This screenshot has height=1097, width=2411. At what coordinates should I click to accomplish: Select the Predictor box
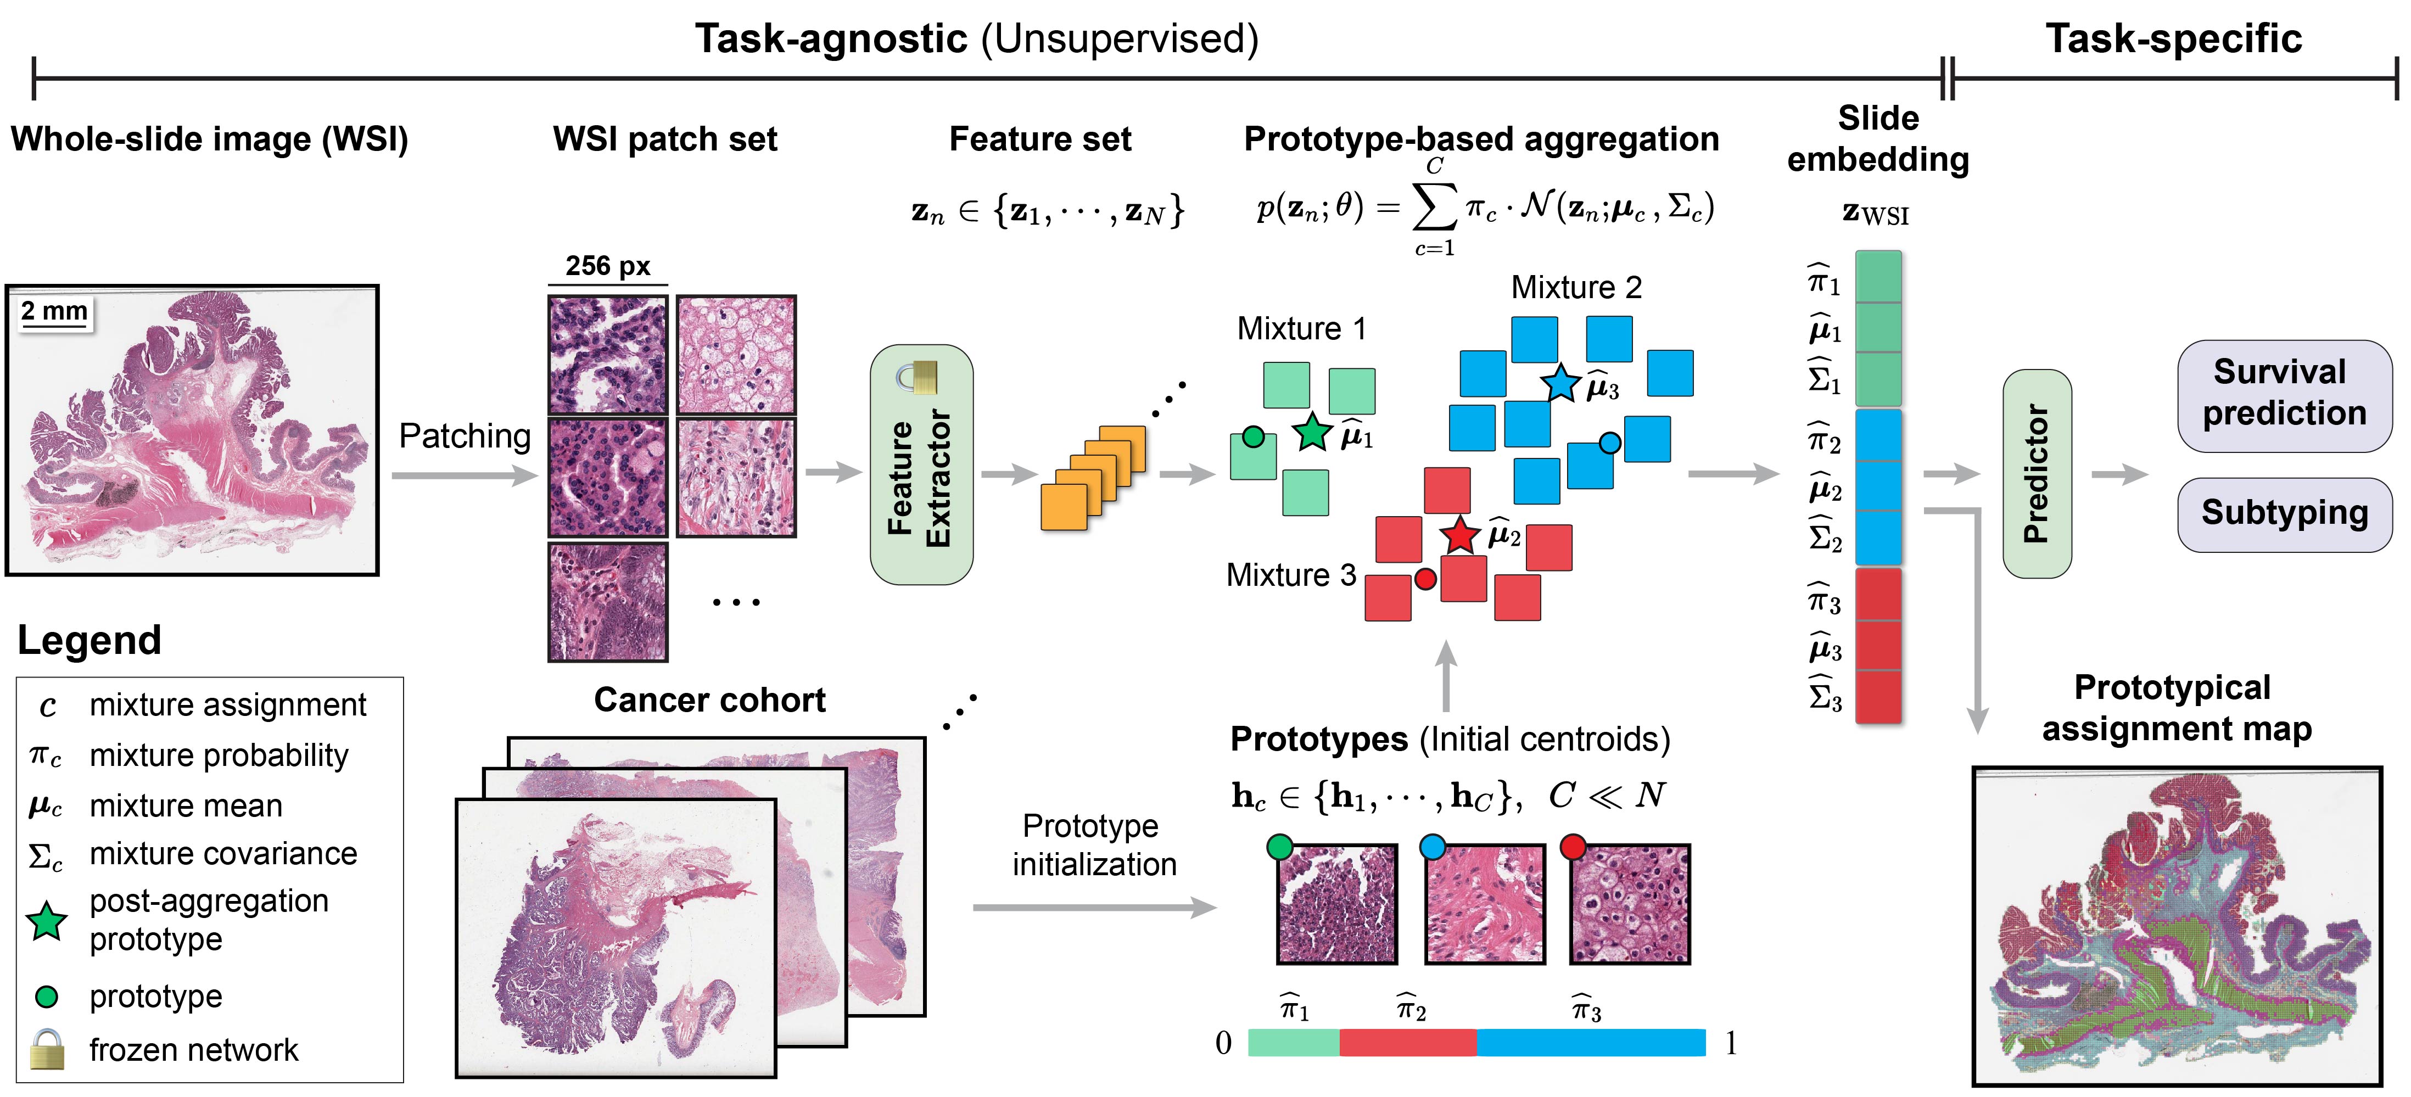click(2037, 474)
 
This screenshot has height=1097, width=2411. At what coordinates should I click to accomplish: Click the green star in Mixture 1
click(1312, 433)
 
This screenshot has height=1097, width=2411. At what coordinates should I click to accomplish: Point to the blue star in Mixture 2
click(1560, 383)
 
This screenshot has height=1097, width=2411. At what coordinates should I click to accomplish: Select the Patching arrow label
click(464, 436)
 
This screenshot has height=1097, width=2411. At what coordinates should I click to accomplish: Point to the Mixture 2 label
click(1576, 287)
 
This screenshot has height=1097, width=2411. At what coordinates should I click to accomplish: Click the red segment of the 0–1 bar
click(1408, 1042)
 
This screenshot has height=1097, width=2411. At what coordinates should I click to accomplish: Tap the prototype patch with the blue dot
click(1484, 903)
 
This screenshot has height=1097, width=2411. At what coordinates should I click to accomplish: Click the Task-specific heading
click(2173, 40)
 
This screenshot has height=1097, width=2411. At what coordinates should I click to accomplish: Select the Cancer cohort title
click(709, 700)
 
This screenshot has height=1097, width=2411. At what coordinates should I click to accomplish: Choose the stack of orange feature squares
click(1092, 477)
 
